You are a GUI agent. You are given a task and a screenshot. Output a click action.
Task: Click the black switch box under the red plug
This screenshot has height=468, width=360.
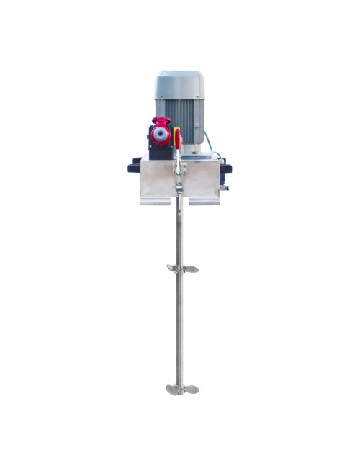(159, 148)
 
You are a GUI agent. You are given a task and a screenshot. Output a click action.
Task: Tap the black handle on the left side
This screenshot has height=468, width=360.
(134, 167)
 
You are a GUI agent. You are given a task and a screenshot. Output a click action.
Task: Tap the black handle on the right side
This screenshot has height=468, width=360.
(226, 168)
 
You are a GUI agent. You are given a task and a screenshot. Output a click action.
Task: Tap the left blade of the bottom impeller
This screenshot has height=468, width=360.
(171, 390)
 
